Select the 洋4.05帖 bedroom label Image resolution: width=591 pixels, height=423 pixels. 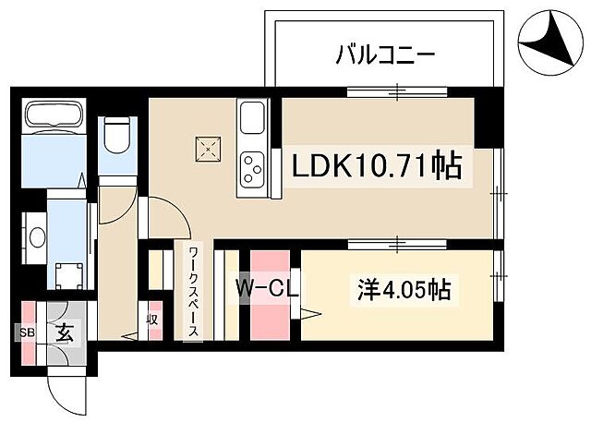tap(404, 290)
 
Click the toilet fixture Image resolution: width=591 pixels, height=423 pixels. tap(116, 136)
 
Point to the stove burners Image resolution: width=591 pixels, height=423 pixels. tap(252, 168)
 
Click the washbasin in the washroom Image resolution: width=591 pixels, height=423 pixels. tap(37, 237)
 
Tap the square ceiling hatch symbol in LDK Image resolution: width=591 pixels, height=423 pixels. tap(208, 146)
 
